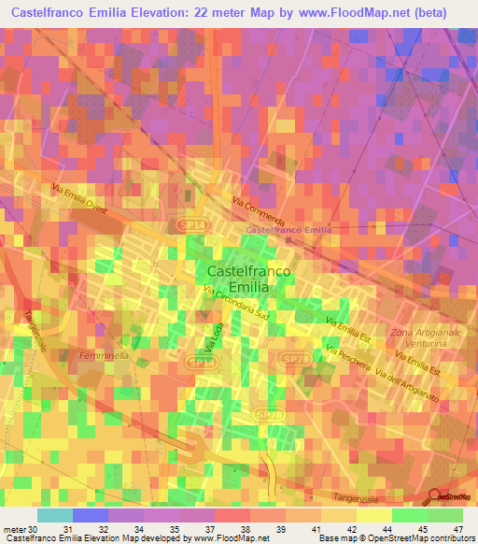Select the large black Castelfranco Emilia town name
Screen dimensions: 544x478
tap(247, 279)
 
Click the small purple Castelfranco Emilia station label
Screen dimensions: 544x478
tap(288, 230)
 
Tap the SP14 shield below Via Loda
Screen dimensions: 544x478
tap(200, 361)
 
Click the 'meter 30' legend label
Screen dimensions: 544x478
tap(21, 530)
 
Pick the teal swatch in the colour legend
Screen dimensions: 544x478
tap(54, 515)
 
